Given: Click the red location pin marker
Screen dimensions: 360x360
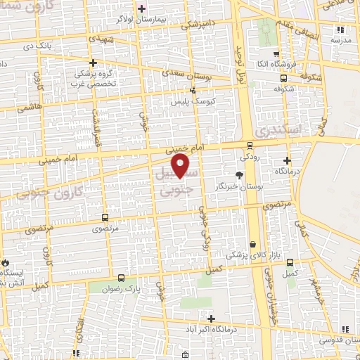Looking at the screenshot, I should (181, 165).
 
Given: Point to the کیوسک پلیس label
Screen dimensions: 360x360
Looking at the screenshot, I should (192, 101).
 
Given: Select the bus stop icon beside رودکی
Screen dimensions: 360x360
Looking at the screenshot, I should (250, 146).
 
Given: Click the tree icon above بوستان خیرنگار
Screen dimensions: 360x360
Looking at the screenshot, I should (240, 174).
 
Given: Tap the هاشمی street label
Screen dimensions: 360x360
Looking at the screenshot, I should (30, 107).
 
